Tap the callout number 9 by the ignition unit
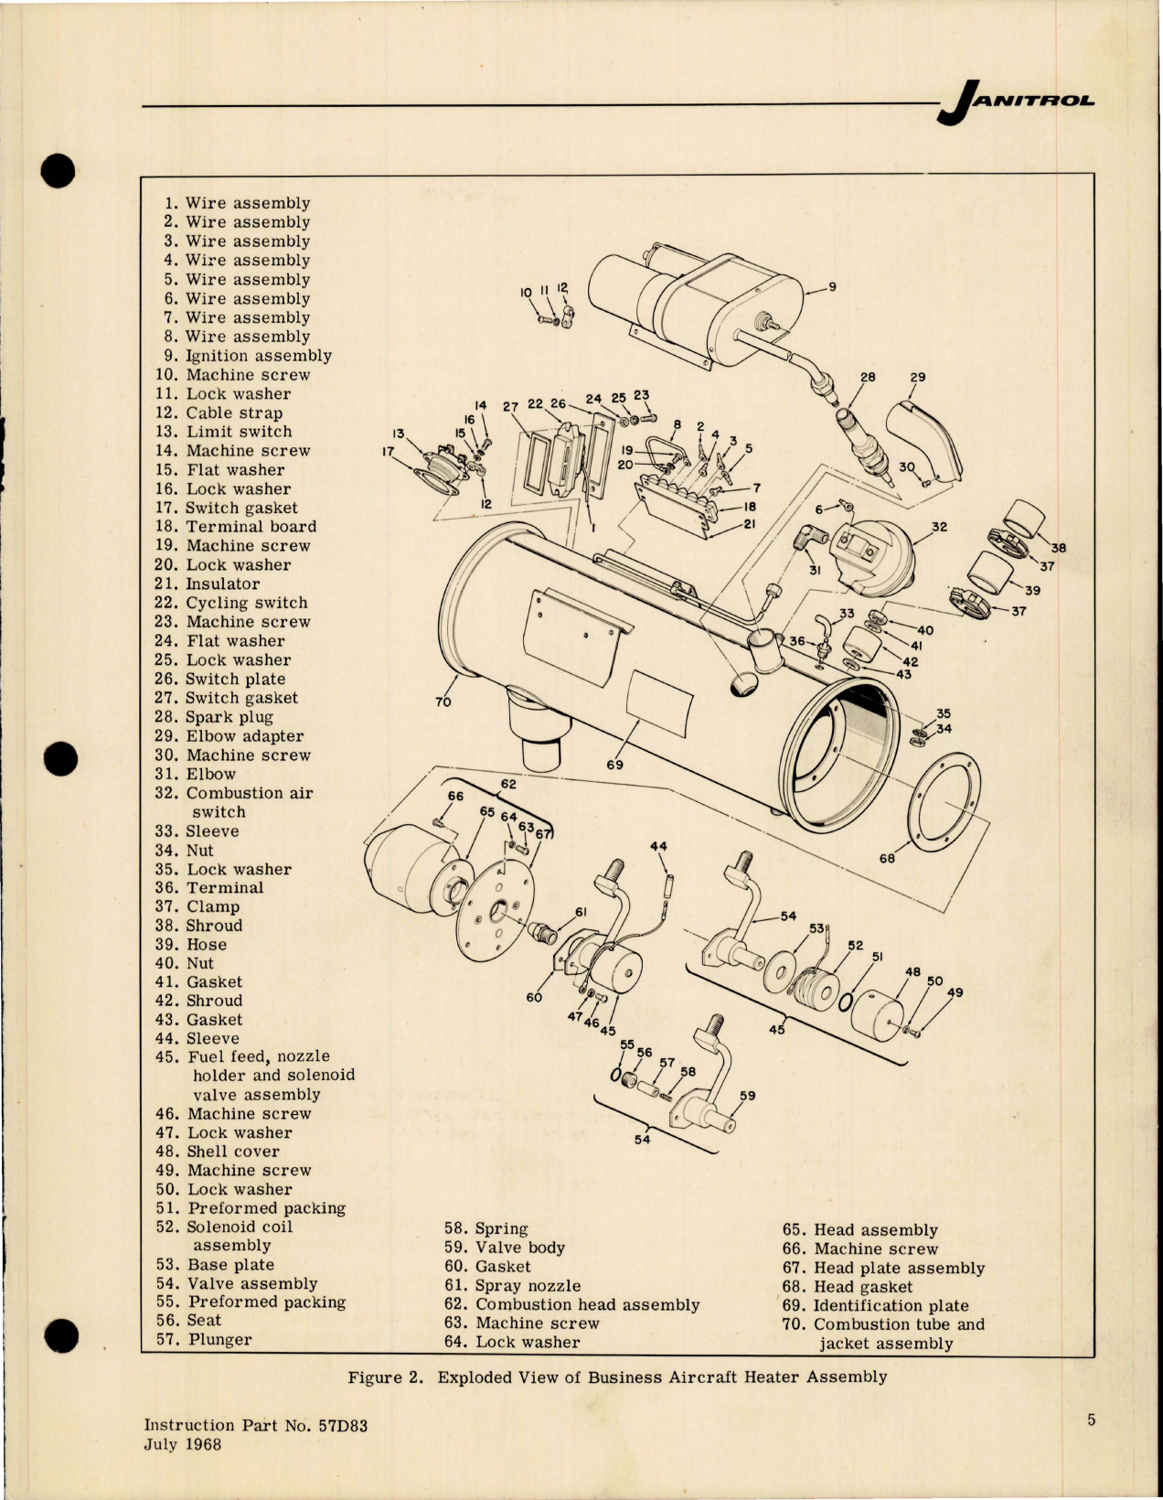click(x=832, y=287)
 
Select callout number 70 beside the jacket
click(x=444, y=702)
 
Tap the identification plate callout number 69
click(x=614, y=764)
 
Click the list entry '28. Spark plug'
click(x=214, y=717)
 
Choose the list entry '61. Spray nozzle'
click(x=512, y=1286)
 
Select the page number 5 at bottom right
click(x=1091, y=1420)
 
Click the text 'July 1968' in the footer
click(x=183, y=1444)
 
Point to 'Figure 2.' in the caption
click(x=385, y=1377)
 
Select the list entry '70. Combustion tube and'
click(x=883, y=1324)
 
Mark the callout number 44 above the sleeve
click(x=659, y=846)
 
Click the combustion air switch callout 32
click(x=939, y=527)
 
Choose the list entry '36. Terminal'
click(x=209, y=888)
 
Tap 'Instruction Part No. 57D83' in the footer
click(x=256, y=1425)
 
